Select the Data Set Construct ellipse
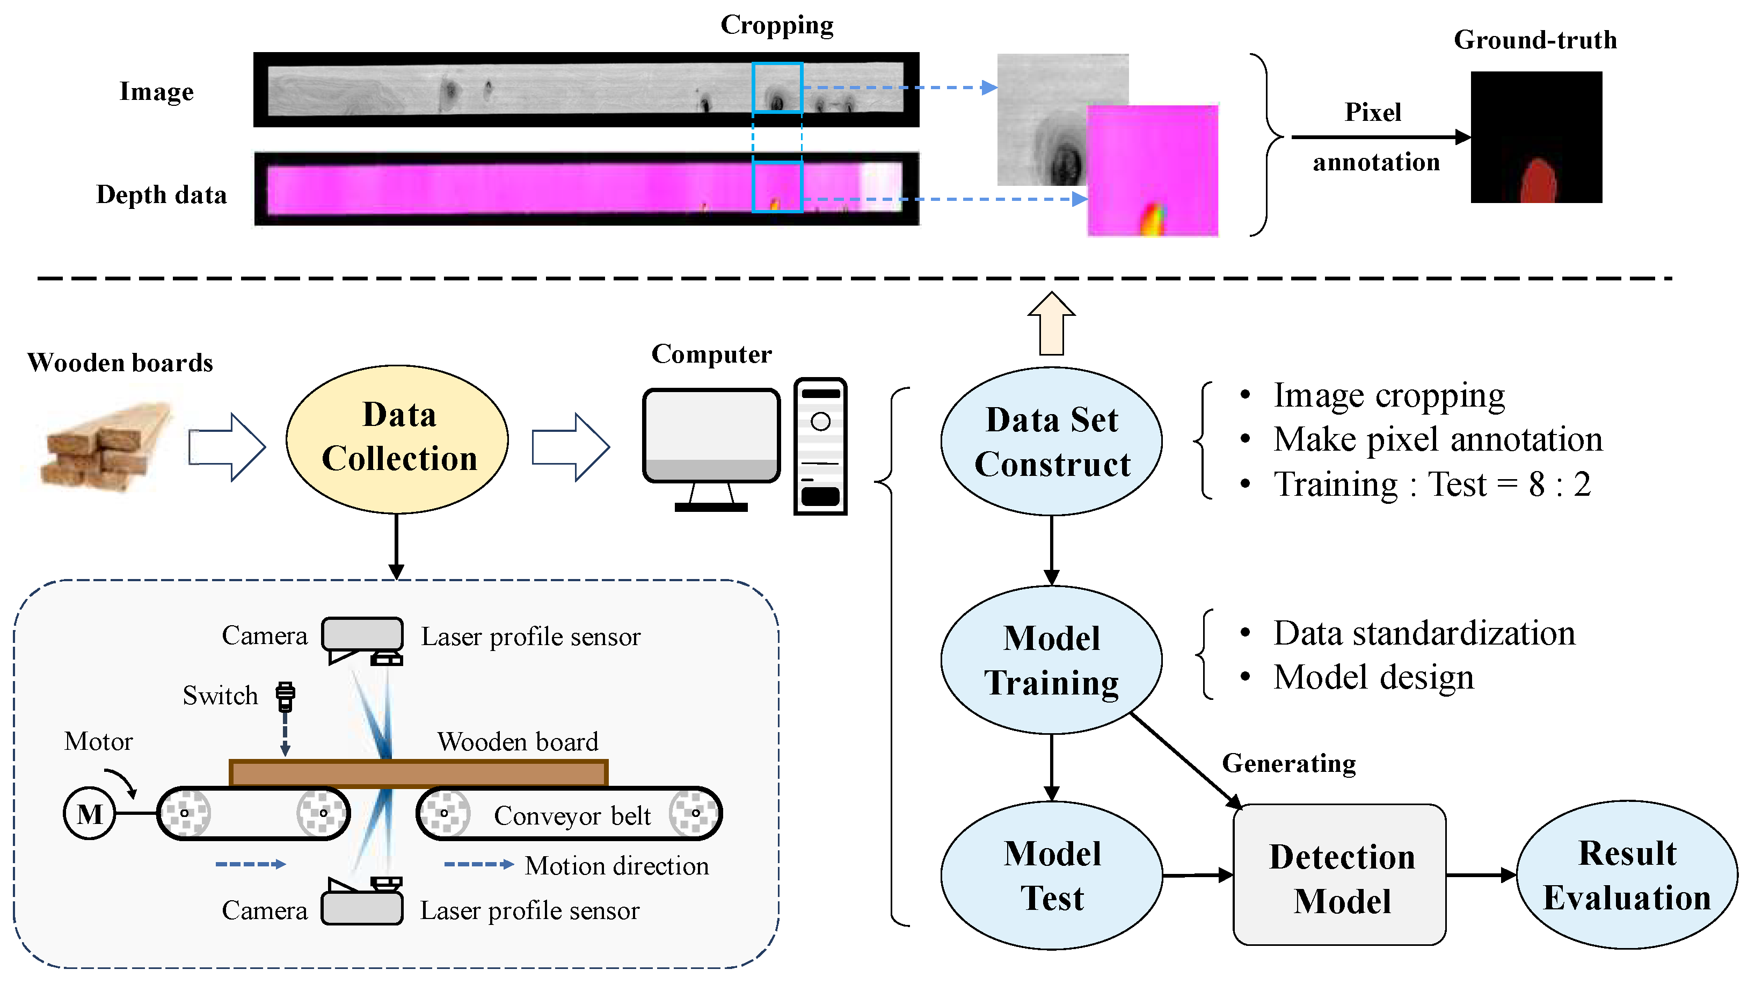[1051, 441]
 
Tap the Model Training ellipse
[1051, 660]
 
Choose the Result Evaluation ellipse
[1626, 875]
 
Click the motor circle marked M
[89, 814]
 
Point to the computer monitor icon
[711, 436]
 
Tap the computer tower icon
[820, 446]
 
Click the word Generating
[1288, 763]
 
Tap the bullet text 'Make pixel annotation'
[1438, 439]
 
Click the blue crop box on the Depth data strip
[777, 187]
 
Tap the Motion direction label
[616, 866]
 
